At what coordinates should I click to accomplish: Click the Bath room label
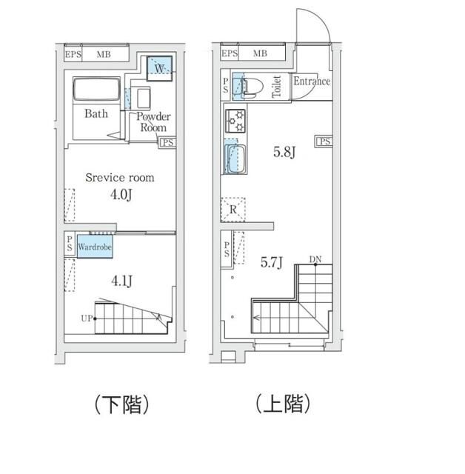(96, 114)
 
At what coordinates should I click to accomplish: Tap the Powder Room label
(153, 121)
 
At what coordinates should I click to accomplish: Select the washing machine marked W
(159, 68)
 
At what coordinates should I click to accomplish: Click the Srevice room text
(119, 178)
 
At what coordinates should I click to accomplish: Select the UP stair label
(87, 319)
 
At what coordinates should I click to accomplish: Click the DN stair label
(315, 259)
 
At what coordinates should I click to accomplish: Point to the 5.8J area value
(284, 153)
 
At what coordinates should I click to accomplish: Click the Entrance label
(311, 82)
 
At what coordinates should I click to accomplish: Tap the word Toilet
(277, 86)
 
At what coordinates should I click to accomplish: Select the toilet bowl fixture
(247, 87)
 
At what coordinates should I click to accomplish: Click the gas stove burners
(236, 121)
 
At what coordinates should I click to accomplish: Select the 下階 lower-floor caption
(122, 404)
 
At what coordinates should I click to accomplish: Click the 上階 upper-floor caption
(282, 404)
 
